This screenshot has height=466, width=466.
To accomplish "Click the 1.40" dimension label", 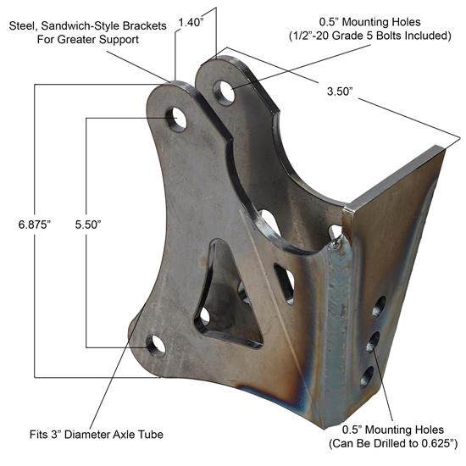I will [191, 23].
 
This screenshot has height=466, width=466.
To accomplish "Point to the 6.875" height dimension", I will [34, 225].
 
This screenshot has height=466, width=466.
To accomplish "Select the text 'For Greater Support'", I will [75, 39].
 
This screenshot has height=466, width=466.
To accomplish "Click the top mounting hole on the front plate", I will [177, 118].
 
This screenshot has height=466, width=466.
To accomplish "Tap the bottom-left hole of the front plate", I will [156, 344].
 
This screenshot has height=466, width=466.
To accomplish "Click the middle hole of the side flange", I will [372, 341].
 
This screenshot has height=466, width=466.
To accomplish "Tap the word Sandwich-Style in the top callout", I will [84, 25].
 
